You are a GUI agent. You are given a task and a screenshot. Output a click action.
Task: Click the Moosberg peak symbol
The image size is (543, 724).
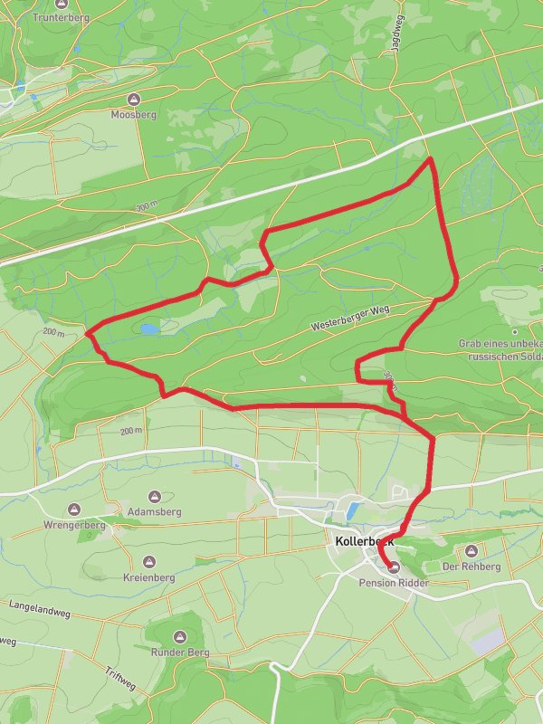point(134,99)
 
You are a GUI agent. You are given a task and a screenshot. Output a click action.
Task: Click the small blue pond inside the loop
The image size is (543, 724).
point(146,329)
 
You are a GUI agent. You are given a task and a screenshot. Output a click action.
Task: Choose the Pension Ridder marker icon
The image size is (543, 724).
point(394,567)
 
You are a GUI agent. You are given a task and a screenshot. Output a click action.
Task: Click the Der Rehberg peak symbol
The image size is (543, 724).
point(470,550)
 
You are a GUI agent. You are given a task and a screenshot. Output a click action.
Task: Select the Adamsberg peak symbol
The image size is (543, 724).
point(155,496)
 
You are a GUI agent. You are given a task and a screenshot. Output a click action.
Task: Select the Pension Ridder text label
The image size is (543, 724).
point(394,583)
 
